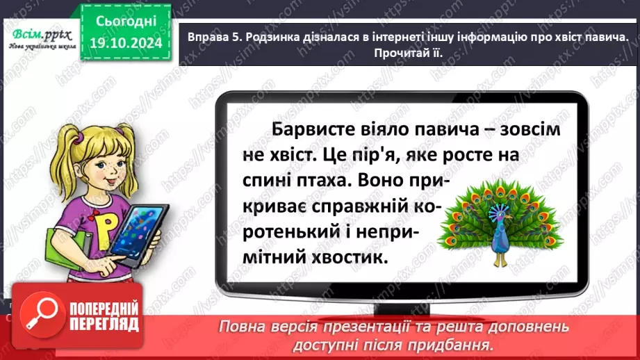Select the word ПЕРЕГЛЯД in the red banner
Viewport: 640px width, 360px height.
tap(104, 324)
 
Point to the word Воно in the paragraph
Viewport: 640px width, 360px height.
tap(380, 181)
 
